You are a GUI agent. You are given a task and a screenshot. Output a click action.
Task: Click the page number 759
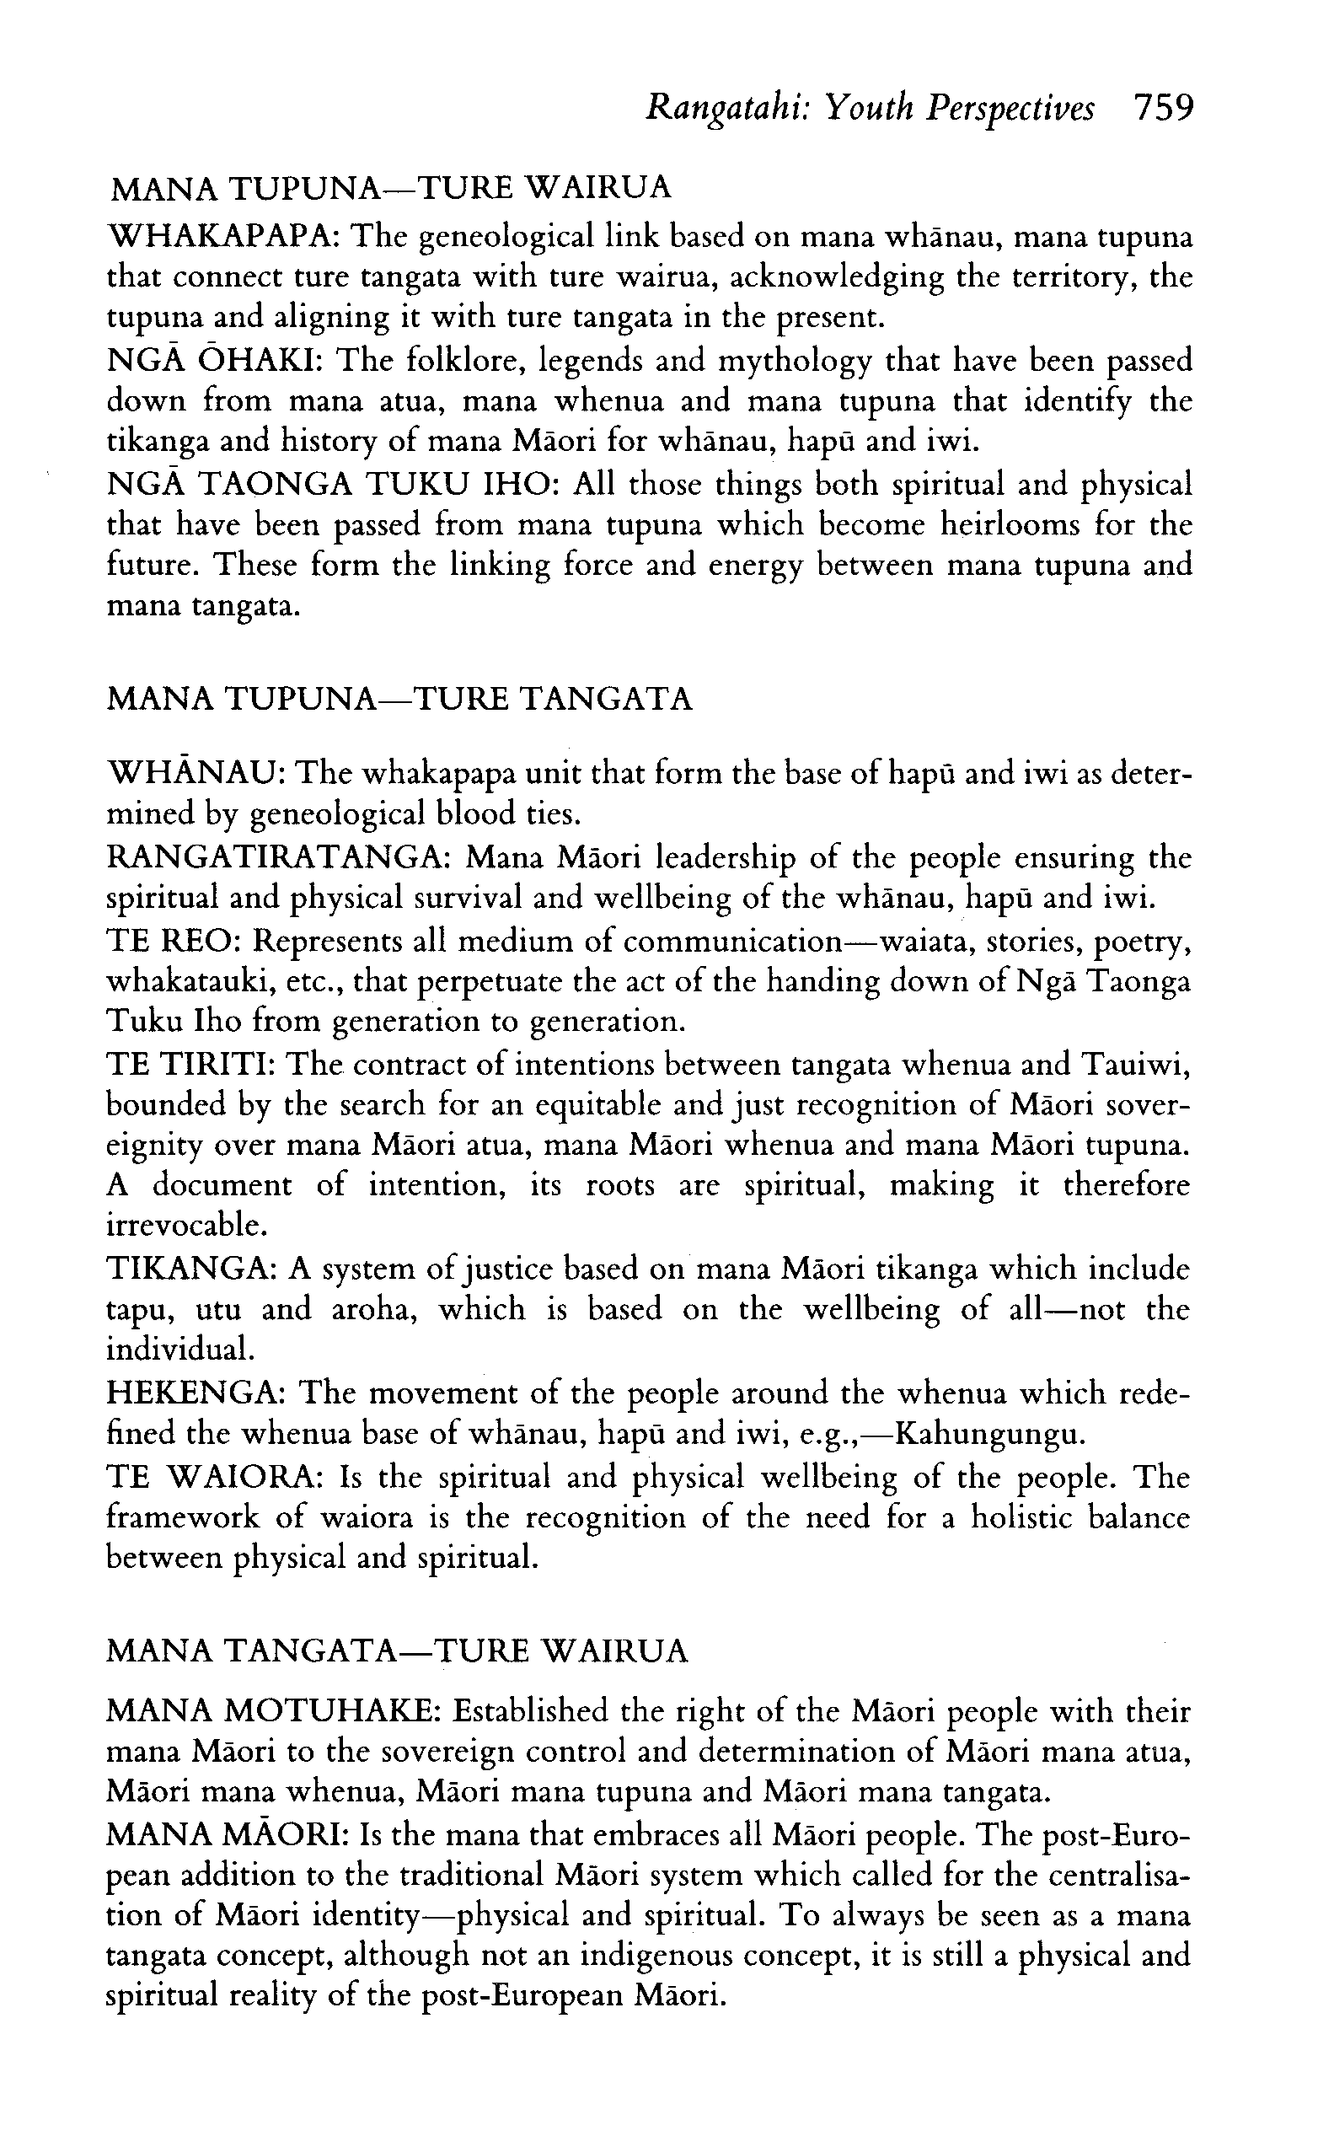1164,109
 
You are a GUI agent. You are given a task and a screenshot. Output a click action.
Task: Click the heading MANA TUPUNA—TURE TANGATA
399,700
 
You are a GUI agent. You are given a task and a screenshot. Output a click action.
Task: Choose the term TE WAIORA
213,1476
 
